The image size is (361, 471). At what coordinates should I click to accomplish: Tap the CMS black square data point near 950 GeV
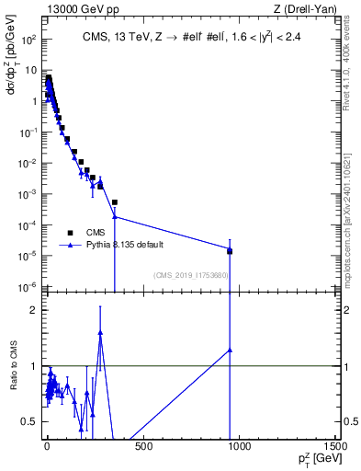click(x=230, y=251)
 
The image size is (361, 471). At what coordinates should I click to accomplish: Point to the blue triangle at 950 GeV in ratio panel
click(x=230, y=350)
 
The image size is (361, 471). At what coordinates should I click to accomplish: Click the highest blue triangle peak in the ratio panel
click(x=100, y=333)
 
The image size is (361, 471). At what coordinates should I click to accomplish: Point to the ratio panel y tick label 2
click(x=33, y=310)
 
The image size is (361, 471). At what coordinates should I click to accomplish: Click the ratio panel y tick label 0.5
click(x=29, y=421)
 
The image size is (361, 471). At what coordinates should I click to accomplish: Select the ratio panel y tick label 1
click(x=33, y=366)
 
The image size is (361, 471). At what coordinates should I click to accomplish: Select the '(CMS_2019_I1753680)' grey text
click(x=191, y=274)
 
